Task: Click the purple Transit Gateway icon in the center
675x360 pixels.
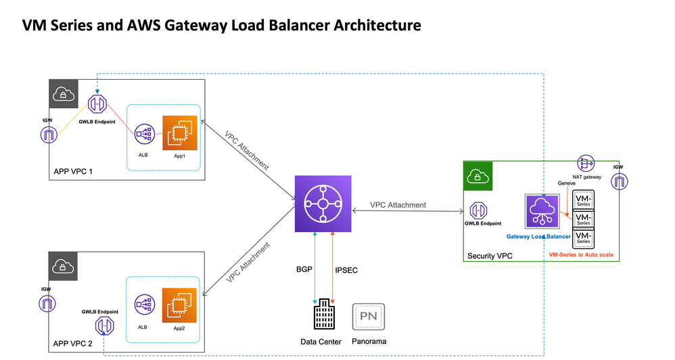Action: [x=323, y=204]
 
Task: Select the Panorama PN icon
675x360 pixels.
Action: [x=369, y=316]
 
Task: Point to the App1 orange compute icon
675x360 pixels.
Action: [x=179, y=133]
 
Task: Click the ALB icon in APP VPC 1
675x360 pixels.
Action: [x=144, y=133]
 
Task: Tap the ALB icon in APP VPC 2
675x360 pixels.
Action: [x=143, y=305]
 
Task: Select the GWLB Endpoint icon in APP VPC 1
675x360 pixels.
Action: [x=96, y=105]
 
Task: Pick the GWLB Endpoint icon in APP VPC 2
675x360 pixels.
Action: [x=104, y=327]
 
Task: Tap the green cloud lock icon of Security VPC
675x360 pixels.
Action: [x=476, y=175]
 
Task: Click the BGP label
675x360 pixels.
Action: [x=305, y=269]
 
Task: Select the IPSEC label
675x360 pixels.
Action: [x=346, y=270]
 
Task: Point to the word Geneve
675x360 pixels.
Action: [x=567, y=183]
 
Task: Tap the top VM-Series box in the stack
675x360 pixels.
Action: [x=583, y=200]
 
